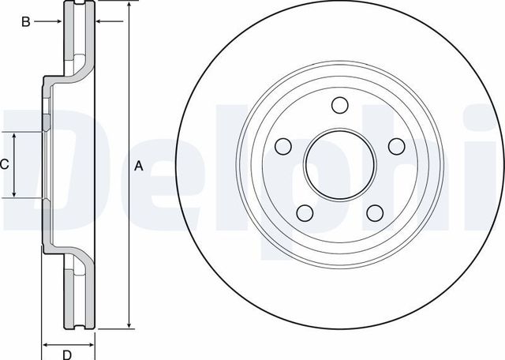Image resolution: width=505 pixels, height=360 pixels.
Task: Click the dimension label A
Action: [x=139, y=166]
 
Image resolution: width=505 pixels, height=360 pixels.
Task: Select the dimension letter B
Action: [x=25, y=22]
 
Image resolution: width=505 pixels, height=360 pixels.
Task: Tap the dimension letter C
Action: [x=4, y=164]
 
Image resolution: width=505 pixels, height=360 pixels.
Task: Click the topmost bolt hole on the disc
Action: [x=340, y=106]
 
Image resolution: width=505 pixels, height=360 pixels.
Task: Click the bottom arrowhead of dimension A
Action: [x=128, y=324]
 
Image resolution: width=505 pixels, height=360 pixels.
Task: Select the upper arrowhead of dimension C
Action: [x=14, y=136]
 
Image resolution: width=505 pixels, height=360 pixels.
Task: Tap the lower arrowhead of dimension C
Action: [x=14, y=193]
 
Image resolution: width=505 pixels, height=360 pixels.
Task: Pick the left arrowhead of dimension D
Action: [x=44, y=344]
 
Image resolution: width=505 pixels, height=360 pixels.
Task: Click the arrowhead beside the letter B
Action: [x=58, y=22]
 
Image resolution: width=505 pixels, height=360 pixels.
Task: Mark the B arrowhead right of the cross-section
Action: [x=98, y=22]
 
